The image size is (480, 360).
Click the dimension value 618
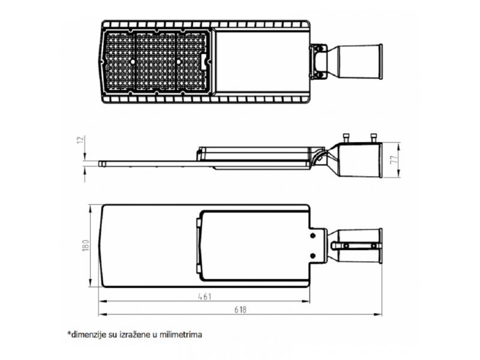coord(241,310)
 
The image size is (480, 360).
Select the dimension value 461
coord(205,296)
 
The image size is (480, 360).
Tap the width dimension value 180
coord(86,245)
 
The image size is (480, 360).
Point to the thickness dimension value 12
coord(80,140)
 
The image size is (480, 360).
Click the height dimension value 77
coord(394,160)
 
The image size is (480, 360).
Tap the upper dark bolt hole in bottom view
coord(313,235)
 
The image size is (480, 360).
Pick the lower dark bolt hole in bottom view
coord(313,256)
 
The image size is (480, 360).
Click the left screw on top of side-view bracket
coord(346,138)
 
